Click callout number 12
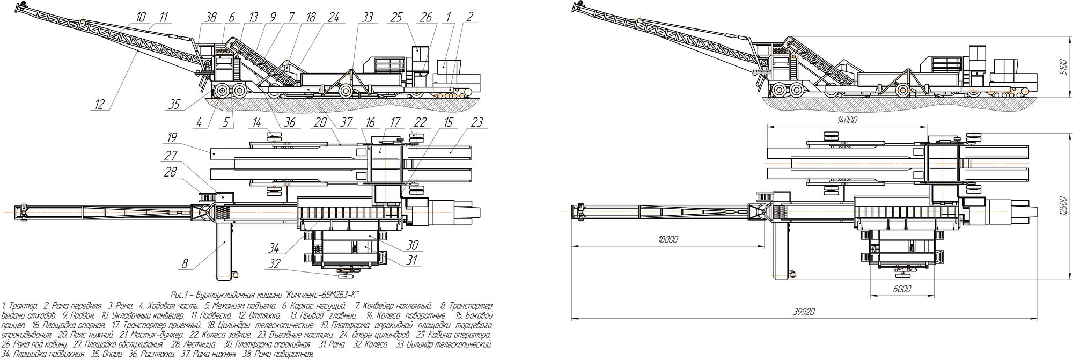pyautogui.click(x=100, y=104)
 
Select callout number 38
pyautogui.click(x=210, y=17)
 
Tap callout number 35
pyautogui.click(x=174, y=104)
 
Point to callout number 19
pyautogui.click(x=172, y=137)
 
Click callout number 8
pyautogui.click(x=185, y=263)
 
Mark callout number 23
pyautogui.click(x=476, y=123)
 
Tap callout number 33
pyautogui.click(x=367, y=17)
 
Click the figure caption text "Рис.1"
pyautogui.click(x=178, y=295)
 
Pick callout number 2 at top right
pyautogui.click(x=469, y=17)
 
